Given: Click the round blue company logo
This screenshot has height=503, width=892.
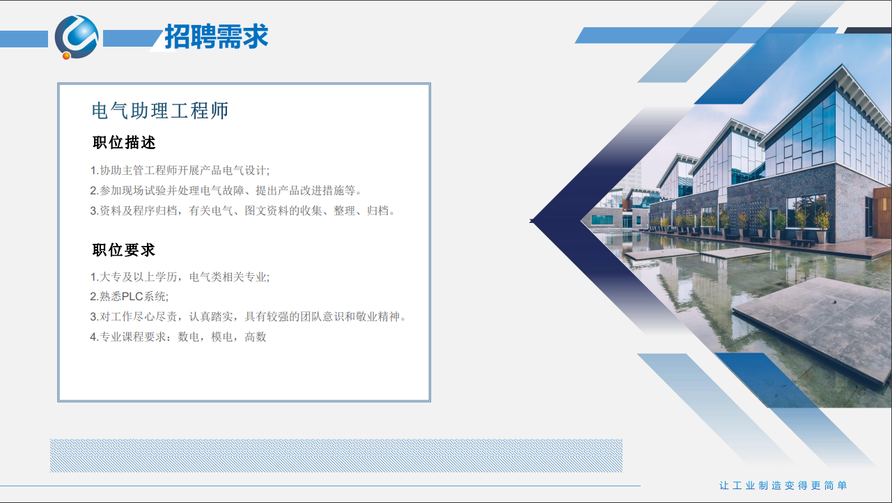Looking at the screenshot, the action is tap(77, 37).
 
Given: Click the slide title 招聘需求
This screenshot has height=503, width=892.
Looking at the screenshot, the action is tap(217, 36).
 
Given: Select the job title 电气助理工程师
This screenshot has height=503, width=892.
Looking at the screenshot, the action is tap(160, 111).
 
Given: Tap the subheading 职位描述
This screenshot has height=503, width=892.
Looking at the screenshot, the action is tap(124, 143).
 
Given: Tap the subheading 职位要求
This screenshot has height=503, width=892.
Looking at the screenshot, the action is tap(124, 250).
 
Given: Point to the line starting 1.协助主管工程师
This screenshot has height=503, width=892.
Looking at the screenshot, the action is tap(180, 171).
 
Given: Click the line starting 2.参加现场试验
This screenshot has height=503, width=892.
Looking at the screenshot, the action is tap(226, 190).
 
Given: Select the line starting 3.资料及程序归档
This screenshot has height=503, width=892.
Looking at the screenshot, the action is tap(242, 210).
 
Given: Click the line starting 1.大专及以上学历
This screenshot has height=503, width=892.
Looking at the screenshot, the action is tap(180, 277).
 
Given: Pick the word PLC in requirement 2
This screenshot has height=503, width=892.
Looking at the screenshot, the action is tap(132, 296).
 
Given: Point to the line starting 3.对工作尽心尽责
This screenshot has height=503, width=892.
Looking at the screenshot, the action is tap(248, 316).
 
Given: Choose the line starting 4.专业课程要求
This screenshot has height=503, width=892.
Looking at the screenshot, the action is tap(178, 337).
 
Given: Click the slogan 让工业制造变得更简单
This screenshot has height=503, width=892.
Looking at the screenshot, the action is tap(783, 486).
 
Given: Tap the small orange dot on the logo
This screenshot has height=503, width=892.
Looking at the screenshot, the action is tap(66, 56).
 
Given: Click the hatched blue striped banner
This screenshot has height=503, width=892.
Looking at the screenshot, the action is tap(336, 456).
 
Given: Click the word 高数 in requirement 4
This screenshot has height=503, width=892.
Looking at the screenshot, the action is tap(256, 337).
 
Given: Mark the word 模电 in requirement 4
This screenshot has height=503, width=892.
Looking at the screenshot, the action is tap(222, 337).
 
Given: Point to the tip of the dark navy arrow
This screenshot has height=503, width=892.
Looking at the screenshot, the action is tap(531, 221).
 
